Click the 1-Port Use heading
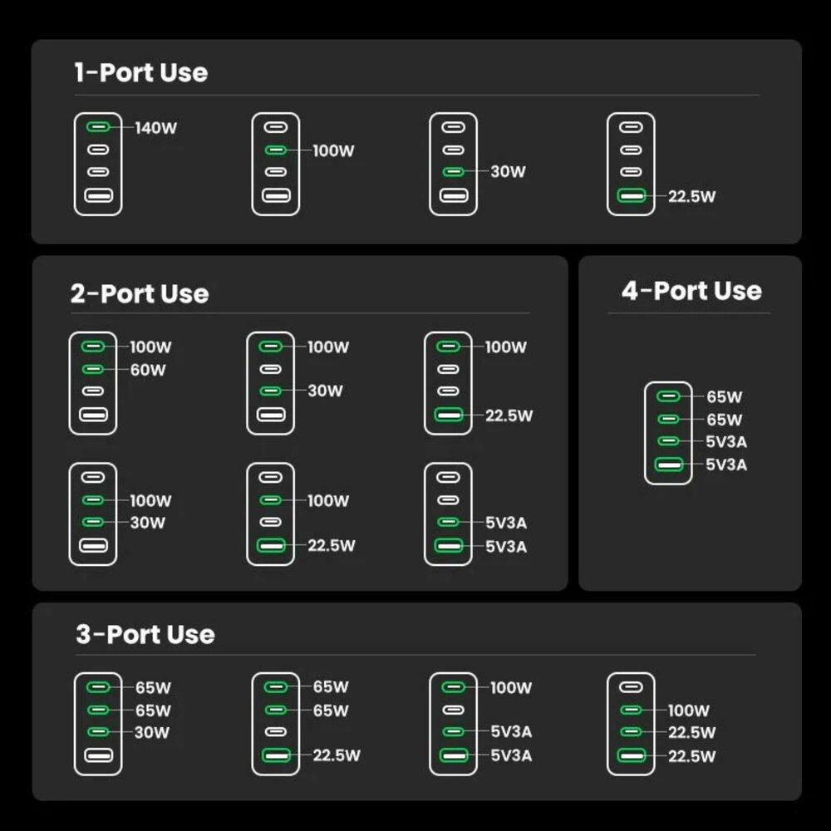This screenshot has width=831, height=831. (x=140, y=72)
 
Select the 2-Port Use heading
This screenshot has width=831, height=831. (x=140, y=293)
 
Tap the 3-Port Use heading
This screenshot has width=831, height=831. (x=145, y=634)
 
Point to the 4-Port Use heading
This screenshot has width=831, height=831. (x=691, y=291)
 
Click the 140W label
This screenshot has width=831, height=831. (x=156, y=128)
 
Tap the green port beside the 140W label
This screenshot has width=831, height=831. (x=98, y=128)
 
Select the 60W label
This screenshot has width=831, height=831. (x=148, y=370)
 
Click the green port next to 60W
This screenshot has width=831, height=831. (x=93, y=369)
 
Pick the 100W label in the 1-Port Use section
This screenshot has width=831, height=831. (x=333, y=150)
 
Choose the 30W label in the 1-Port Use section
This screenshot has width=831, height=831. (x=508, y=172)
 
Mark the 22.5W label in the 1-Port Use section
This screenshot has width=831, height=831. (x=691, y=197)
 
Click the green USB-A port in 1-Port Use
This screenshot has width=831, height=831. (x=631, y=196)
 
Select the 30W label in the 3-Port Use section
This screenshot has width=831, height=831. (x=152, y=732)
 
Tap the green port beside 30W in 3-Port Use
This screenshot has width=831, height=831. (x=98, y=731)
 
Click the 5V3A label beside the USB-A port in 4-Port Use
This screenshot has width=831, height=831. (x=726, y=465)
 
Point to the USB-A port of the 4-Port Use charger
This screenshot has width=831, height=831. (x=668, y=465)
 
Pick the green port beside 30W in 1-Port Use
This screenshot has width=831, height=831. (x=453, y=172)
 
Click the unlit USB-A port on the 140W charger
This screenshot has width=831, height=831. (x=98, y=196)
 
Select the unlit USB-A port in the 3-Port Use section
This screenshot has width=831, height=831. (x=98, y=755)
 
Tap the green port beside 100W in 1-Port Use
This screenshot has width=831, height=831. (x=275, y=150)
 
